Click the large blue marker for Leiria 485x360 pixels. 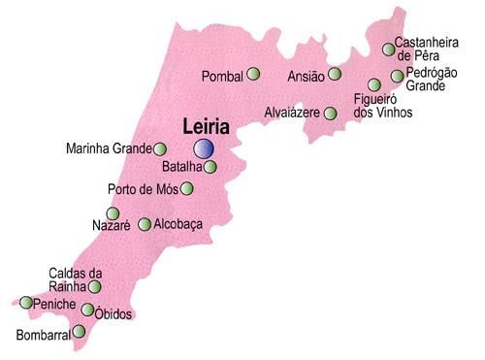[x=204, y=148]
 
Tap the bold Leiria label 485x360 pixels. [x=206, y=127]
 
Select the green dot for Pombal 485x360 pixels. [x=254, y=74]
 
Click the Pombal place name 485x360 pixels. [x=223, y=76]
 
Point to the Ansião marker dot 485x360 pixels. [x=335, y=74]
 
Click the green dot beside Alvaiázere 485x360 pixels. [x=330, y=114]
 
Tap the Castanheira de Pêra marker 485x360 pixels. [x=388, y=49]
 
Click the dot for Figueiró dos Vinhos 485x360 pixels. [x=374, y=85]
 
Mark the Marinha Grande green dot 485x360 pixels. [x=160, y=149]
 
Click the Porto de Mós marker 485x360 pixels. [x=187, y=188]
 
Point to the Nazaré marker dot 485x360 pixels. [x=113, y=213]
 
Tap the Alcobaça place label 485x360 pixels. [x=178, y=224]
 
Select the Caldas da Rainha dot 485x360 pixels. [x=95, y=287]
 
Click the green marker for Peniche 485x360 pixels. [x=26, y=303]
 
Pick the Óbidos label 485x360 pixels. [x=113, y=314]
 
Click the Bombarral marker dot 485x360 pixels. [x=80, y=332]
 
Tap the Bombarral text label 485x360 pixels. [x=44, y=337]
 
